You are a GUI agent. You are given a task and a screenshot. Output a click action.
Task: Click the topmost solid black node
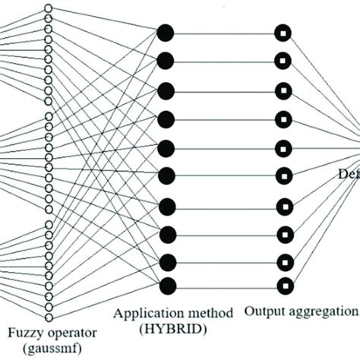point(166,32)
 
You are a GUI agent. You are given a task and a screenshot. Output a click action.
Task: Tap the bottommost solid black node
point(166,286)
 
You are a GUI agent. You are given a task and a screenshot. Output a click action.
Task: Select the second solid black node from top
point(166,60)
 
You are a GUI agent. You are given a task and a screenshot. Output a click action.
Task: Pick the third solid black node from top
point(166,90)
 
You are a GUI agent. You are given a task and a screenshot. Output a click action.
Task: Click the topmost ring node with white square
point(283,33)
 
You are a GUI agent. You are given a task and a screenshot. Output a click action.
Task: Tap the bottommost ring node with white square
point(283,286)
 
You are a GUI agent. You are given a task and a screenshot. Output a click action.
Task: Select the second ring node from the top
point(283,61)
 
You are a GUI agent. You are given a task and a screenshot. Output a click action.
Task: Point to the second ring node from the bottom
point(283,261)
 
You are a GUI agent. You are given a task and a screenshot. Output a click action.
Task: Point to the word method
point(207,312)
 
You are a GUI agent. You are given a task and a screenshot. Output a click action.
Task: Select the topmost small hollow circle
point(49,8)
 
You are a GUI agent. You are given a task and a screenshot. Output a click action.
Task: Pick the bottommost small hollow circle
point(49,316)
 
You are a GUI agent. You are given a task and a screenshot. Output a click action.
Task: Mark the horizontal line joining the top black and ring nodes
point(224,33)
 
